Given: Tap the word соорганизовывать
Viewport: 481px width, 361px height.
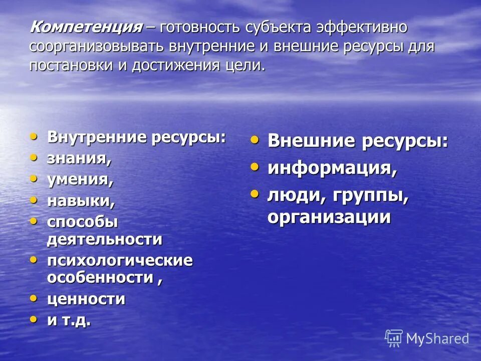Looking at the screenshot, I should pyautogui.click(x=97, y=47).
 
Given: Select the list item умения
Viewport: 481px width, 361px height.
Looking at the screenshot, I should pyautogui.click(x=80, y=179).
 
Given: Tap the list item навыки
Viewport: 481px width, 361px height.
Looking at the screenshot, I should pyautogui.click(x=81, y=201).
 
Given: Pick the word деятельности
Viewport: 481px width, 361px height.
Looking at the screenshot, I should pyautogui.click(x=104, y=239).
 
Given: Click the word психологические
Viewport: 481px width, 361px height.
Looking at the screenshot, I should pyautogui.click(x=120, y=261).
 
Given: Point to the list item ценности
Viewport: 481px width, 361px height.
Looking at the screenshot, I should pyautogui.click(x=86, y=299).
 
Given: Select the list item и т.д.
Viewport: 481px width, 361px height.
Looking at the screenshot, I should pyautogui.click(x=69, y=320).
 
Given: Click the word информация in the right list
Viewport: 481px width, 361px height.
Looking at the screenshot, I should pyautogui.click(x=332, y=168).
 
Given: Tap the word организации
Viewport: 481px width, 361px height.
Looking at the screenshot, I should pyautogui.click(x=329, y=217).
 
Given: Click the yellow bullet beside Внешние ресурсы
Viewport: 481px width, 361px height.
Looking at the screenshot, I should pyautogui.click(x=255, y=140).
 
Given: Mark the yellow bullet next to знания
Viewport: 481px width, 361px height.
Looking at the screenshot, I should pyautogui.click(x=34, y=157).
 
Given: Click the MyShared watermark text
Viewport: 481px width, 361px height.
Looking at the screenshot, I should pyautogui.click(x=437, y=338).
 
